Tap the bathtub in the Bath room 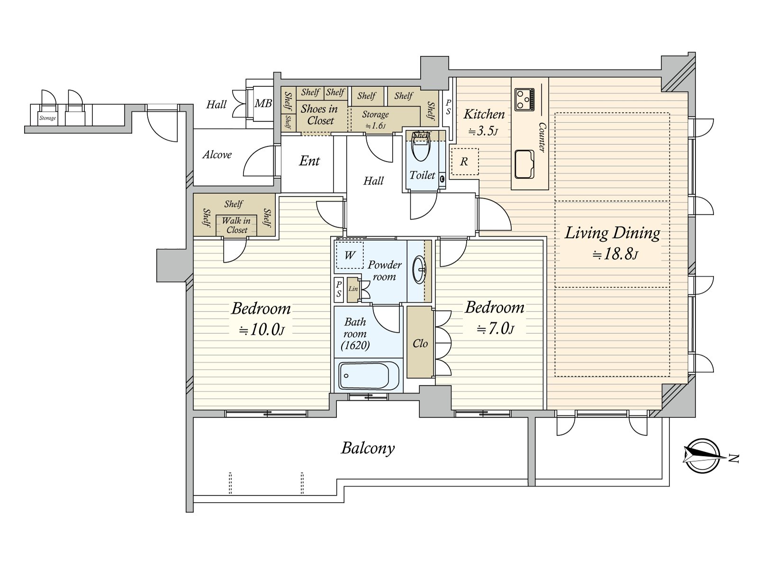[369, 376]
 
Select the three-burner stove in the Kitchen [524, 100]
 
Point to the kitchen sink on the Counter [524, 164]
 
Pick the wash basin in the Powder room [420, 269]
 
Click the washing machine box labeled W [350, 255]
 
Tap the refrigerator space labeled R [465, 161]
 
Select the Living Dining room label [612, 233]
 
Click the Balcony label [368, 448]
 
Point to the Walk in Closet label [236, 225]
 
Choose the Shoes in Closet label [319, 115]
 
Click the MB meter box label [263, 103]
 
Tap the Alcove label [217, 155]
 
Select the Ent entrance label [309, 161]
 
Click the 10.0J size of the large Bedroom [262, 330]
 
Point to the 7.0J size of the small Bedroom [496, 329]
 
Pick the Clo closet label [420, 343]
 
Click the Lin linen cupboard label [353, 288]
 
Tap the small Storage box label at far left [47, 118]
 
